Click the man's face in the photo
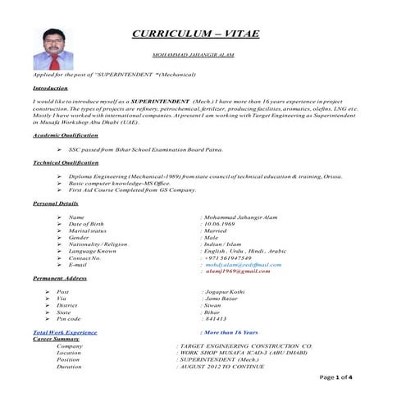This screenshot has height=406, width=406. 53,40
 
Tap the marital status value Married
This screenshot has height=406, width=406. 221,231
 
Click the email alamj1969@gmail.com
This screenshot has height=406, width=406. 241,271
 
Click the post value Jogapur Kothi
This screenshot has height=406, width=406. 224,291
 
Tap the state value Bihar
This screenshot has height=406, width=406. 213,312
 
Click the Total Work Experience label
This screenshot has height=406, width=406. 65,332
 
